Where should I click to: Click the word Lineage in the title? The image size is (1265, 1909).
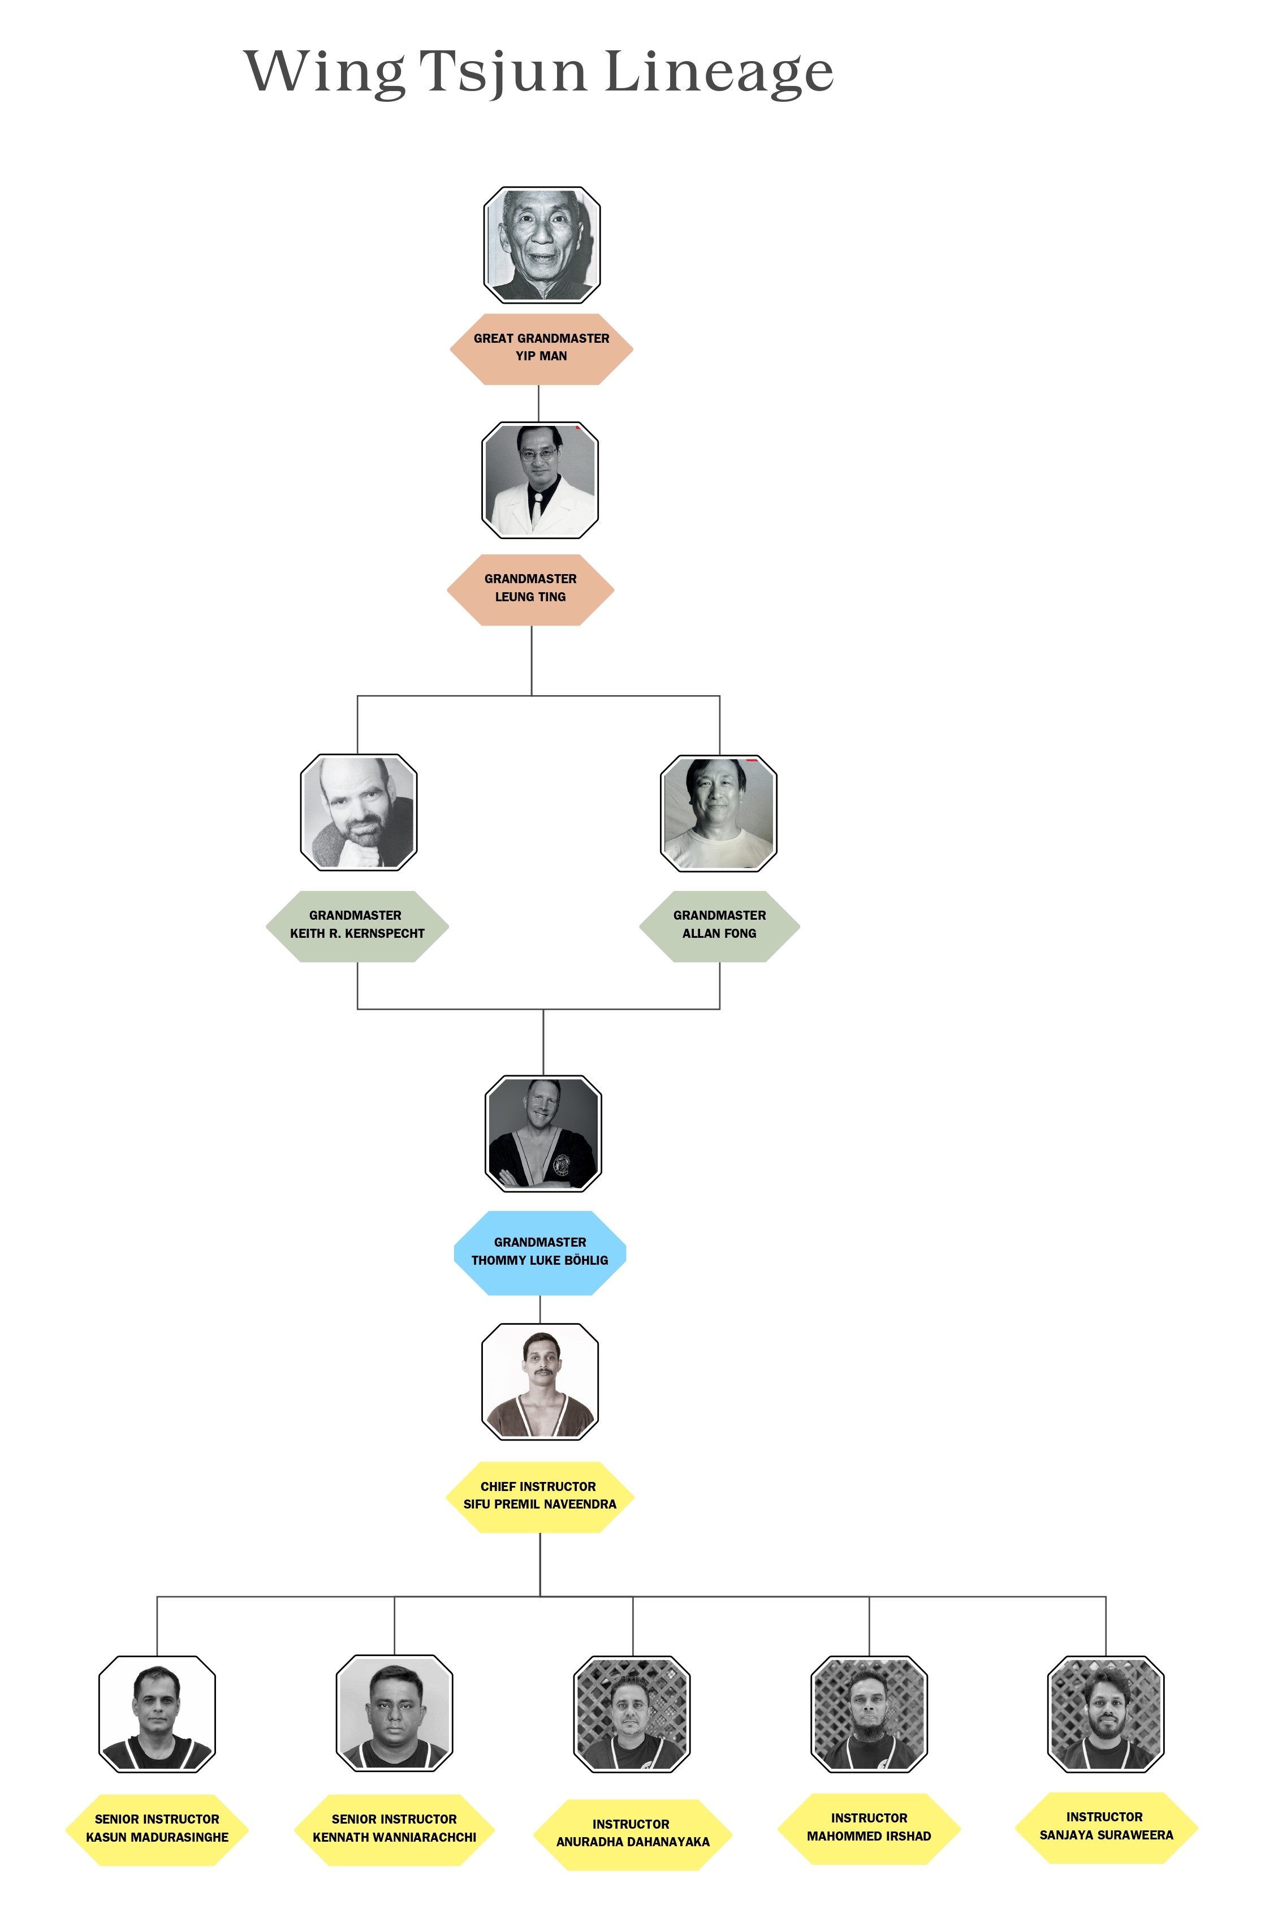[x=718, y=72]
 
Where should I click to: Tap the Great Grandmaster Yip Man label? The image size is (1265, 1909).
[x=541, y=348]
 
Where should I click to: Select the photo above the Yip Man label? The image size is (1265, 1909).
[x=541, y=244]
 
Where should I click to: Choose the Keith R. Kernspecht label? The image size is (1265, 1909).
[x=357, y=925]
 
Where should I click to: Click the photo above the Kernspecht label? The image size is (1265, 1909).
[x=358, y=812]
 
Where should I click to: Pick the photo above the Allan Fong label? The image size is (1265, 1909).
[x=718, y=812]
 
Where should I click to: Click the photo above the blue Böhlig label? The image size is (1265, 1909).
[x=543, y=1133]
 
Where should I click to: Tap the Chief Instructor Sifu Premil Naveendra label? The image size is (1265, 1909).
[x=539, y=1496]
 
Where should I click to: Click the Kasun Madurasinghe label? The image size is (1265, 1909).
[x=157, y=1828]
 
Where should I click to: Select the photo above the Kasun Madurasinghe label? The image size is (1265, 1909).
[x=157, y=1714]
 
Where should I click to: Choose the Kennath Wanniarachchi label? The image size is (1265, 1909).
[x=395, y=1828]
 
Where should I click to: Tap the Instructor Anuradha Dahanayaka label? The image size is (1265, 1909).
[x=632, y=1833]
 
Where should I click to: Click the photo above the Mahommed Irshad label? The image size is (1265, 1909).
[x=869, y=1714]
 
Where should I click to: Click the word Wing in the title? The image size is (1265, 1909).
[x=325, y=72]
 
